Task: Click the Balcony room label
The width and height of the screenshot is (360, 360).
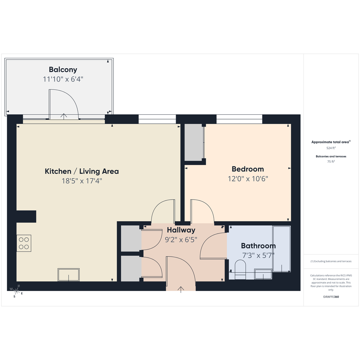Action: pos(63,70)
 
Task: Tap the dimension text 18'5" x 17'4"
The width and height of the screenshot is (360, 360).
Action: pos(82,181)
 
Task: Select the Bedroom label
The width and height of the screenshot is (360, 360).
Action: pos(248,169)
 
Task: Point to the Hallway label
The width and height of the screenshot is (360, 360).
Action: pos(181,230)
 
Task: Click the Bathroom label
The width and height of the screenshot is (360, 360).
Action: pos(258,246)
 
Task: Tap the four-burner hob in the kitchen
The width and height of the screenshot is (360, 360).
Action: pos(24,243)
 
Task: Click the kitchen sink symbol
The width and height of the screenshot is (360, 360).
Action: pos(69,275)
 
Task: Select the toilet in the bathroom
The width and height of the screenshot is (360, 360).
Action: pos(240,270)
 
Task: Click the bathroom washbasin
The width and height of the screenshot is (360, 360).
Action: pos(263,274)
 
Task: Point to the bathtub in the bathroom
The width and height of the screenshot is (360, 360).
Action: pos(282,249)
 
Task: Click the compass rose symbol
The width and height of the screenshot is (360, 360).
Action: pos(16,291)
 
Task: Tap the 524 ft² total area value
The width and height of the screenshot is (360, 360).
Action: pos(331,148)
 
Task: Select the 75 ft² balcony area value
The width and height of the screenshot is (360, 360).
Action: pos(331,162)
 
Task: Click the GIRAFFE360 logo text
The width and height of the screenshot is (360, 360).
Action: pos(331,297)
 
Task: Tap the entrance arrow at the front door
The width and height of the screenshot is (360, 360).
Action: pos(181,290)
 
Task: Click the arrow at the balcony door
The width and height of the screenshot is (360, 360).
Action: pos(64,116)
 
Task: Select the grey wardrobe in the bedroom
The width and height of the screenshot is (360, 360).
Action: pos(194,142)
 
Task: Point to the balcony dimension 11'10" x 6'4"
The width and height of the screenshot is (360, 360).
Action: pos(63,79)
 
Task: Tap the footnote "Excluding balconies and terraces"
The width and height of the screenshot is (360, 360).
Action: pos(331,261)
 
